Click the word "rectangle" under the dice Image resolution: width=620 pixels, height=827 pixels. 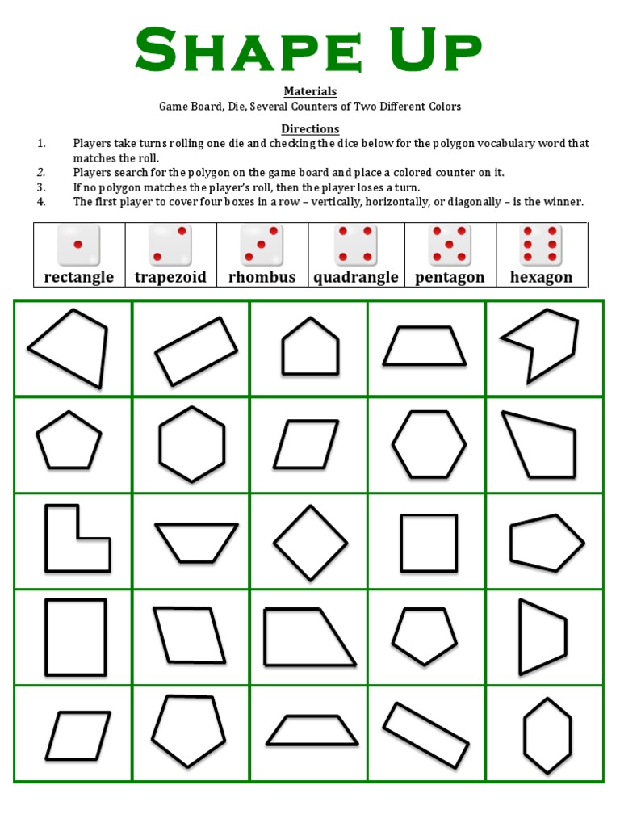click(x=78, y=277)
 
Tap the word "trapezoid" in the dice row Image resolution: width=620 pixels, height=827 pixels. click(x=170, y=277)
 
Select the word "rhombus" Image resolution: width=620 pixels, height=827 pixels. click(x=262, y=277)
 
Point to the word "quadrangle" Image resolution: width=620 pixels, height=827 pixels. click(x=356, y=277)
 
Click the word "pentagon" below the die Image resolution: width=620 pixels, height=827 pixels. click(x=450, y=277)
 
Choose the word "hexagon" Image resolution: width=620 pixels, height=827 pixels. click(x=541, y=277)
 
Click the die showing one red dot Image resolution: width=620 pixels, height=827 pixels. click(x=78, y=244)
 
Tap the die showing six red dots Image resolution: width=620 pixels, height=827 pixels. click(x=542, y=244)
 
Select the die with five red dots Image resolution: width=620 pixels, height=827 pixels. click(x=450, y=244)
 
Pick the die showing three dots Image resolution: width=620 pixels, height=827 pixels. click(x=262, y=244)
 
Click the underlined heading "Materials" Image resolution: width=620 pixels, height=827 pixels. click(x=310, y=91)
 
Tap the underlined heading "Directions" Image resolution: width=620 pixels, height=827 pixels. click(x=310, y=128)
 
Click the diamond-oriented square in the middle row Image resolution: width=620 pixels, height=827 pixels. click(x=310, y=542)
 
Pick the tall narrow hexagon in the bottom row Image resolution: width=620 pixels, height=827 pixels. click(x=547, y=734)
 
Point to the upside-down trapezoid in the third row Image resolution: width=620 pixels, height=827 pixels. click(x=196, y=542)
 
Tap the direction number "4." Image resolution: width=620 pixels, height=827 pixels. click(x=41, y=202)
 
